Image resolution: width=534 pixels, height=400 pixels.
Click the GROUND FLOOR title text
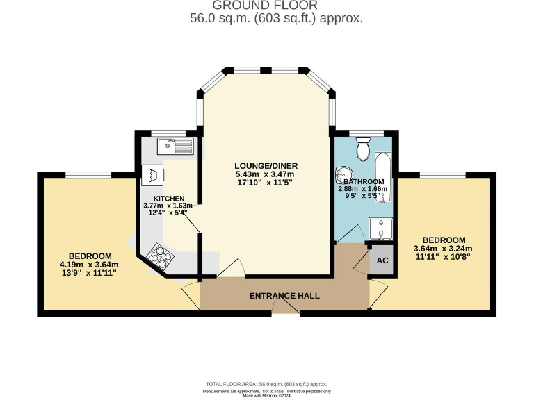(x=266, y=6)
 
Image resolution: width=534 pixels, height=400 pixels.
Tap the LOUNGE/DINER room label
(x=266, y=165)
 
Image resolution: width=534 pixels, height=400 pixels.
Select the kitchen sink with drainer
(x=175, y=146)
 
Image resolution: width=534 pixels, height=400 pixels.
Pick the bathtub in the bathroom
(x=383, y=174)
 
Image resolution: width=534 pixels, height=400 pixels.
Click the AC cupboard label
(x=382, y=260)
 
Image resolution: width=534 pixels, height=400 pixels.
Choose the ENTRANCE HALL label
(x=284, y=296)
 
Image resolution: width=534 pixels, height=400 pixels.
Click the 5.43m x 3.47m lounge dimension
(x=266, y=175)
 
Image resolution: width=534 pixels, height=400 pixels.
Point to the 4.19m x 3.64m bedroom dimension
(x=90, y=265)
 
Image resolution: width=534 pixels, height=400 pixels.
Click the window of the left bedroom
(x=88, y=174)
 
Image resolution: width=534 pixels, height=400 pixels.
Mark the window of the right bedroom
(x=442, y=174)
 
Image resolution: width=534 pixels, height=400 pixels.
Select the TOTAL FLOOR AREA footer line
(x=266, y=384)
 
